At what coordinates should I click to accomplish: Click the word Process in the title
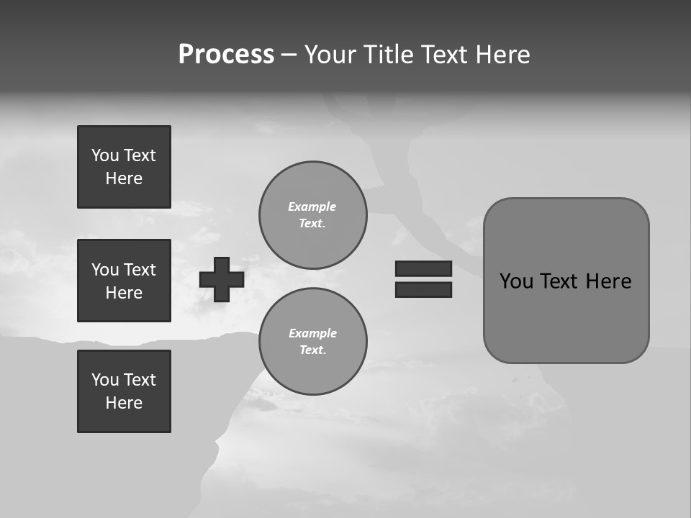pyautogui.click(x=226, y=55)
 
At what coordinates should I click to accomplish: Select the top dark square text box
pyautogui.click(x=124, y=167)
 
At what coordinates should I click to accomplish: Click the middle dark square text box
pyautogui.click(x=124, y=281)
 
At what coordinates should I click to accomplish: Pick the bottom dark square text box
pyautogui.click(x=124, y=391)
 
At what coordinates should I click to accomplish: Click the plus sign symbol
pyautogui.click(x=222, y=279)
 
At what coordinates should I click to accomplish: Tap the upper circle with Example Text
pyautogui.click(x=312, y=215)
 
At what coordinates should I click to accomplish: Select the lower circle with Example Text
pyautogui.click(x=312, y=342)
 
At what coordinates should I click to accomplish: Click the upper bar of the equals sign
pyautogui.click(x=423, y=268)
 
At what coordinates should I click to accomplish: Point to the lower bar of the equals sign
pyautogui.click(x=423, y=289)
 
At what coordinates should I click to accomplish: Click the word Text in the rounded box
pyautogui.click(x=560, y=281)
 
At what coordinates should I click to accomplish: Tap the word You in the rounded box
pyautogui.click(x=516, y=281)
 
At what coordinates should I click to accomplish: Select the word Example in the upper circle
pyautogui.click(x=312, y=207)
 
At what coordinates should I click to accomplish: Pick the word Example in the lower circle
pyautogui.click(x=312, y=334)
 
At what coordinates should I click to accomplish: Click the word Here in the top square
pyautogui.click(x=124, y=178)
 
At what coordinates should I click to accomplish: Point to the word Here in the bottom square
pyautogui.click(x=124, y=403)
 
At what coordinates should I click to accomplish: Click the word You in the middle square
pyautogui.click(x=104, y=270)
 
